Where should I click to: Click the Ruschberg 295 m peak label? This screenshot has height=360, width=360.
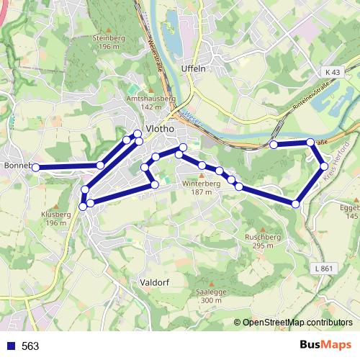262,240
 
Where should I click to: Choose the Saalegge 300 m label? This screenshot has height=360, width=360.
208,296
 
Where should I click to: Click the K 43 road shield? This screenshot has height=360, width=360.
331,73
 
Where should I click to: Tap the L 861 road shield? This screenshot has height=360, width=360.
325,268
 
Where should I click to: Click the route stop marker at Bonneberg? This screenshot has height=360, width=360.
35,167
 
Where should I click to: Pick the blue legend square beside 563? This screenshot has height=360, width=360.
10,346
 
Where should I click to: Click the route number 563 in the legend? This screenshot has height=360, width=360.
30,346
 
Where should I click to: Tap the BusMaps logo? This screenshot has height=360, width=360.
325,346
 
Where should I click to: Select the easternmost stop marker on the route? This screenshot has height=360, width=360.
324,167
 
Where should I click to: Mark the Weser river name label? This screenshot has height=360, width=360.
190,113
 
